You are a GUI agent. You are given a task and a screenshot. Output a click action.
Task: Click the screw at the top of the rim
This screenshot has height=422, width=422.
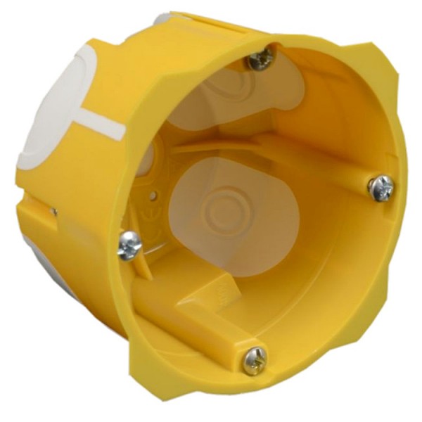(260, 59)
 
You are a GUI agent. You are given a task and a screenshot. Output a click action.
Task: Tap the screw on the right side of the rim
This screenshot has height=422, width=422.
(381, 187)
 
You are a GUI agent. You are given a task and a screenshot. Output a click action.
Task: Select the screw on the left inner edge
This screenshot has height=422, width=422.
(129, 245)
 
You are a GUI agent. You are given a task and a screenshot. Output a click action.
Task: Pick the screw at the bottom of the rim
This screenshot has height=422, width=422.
(255, 360)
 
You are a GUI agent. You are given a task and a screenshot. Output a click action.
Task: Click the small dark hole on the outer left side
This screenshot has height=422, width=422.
(53, 210)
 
